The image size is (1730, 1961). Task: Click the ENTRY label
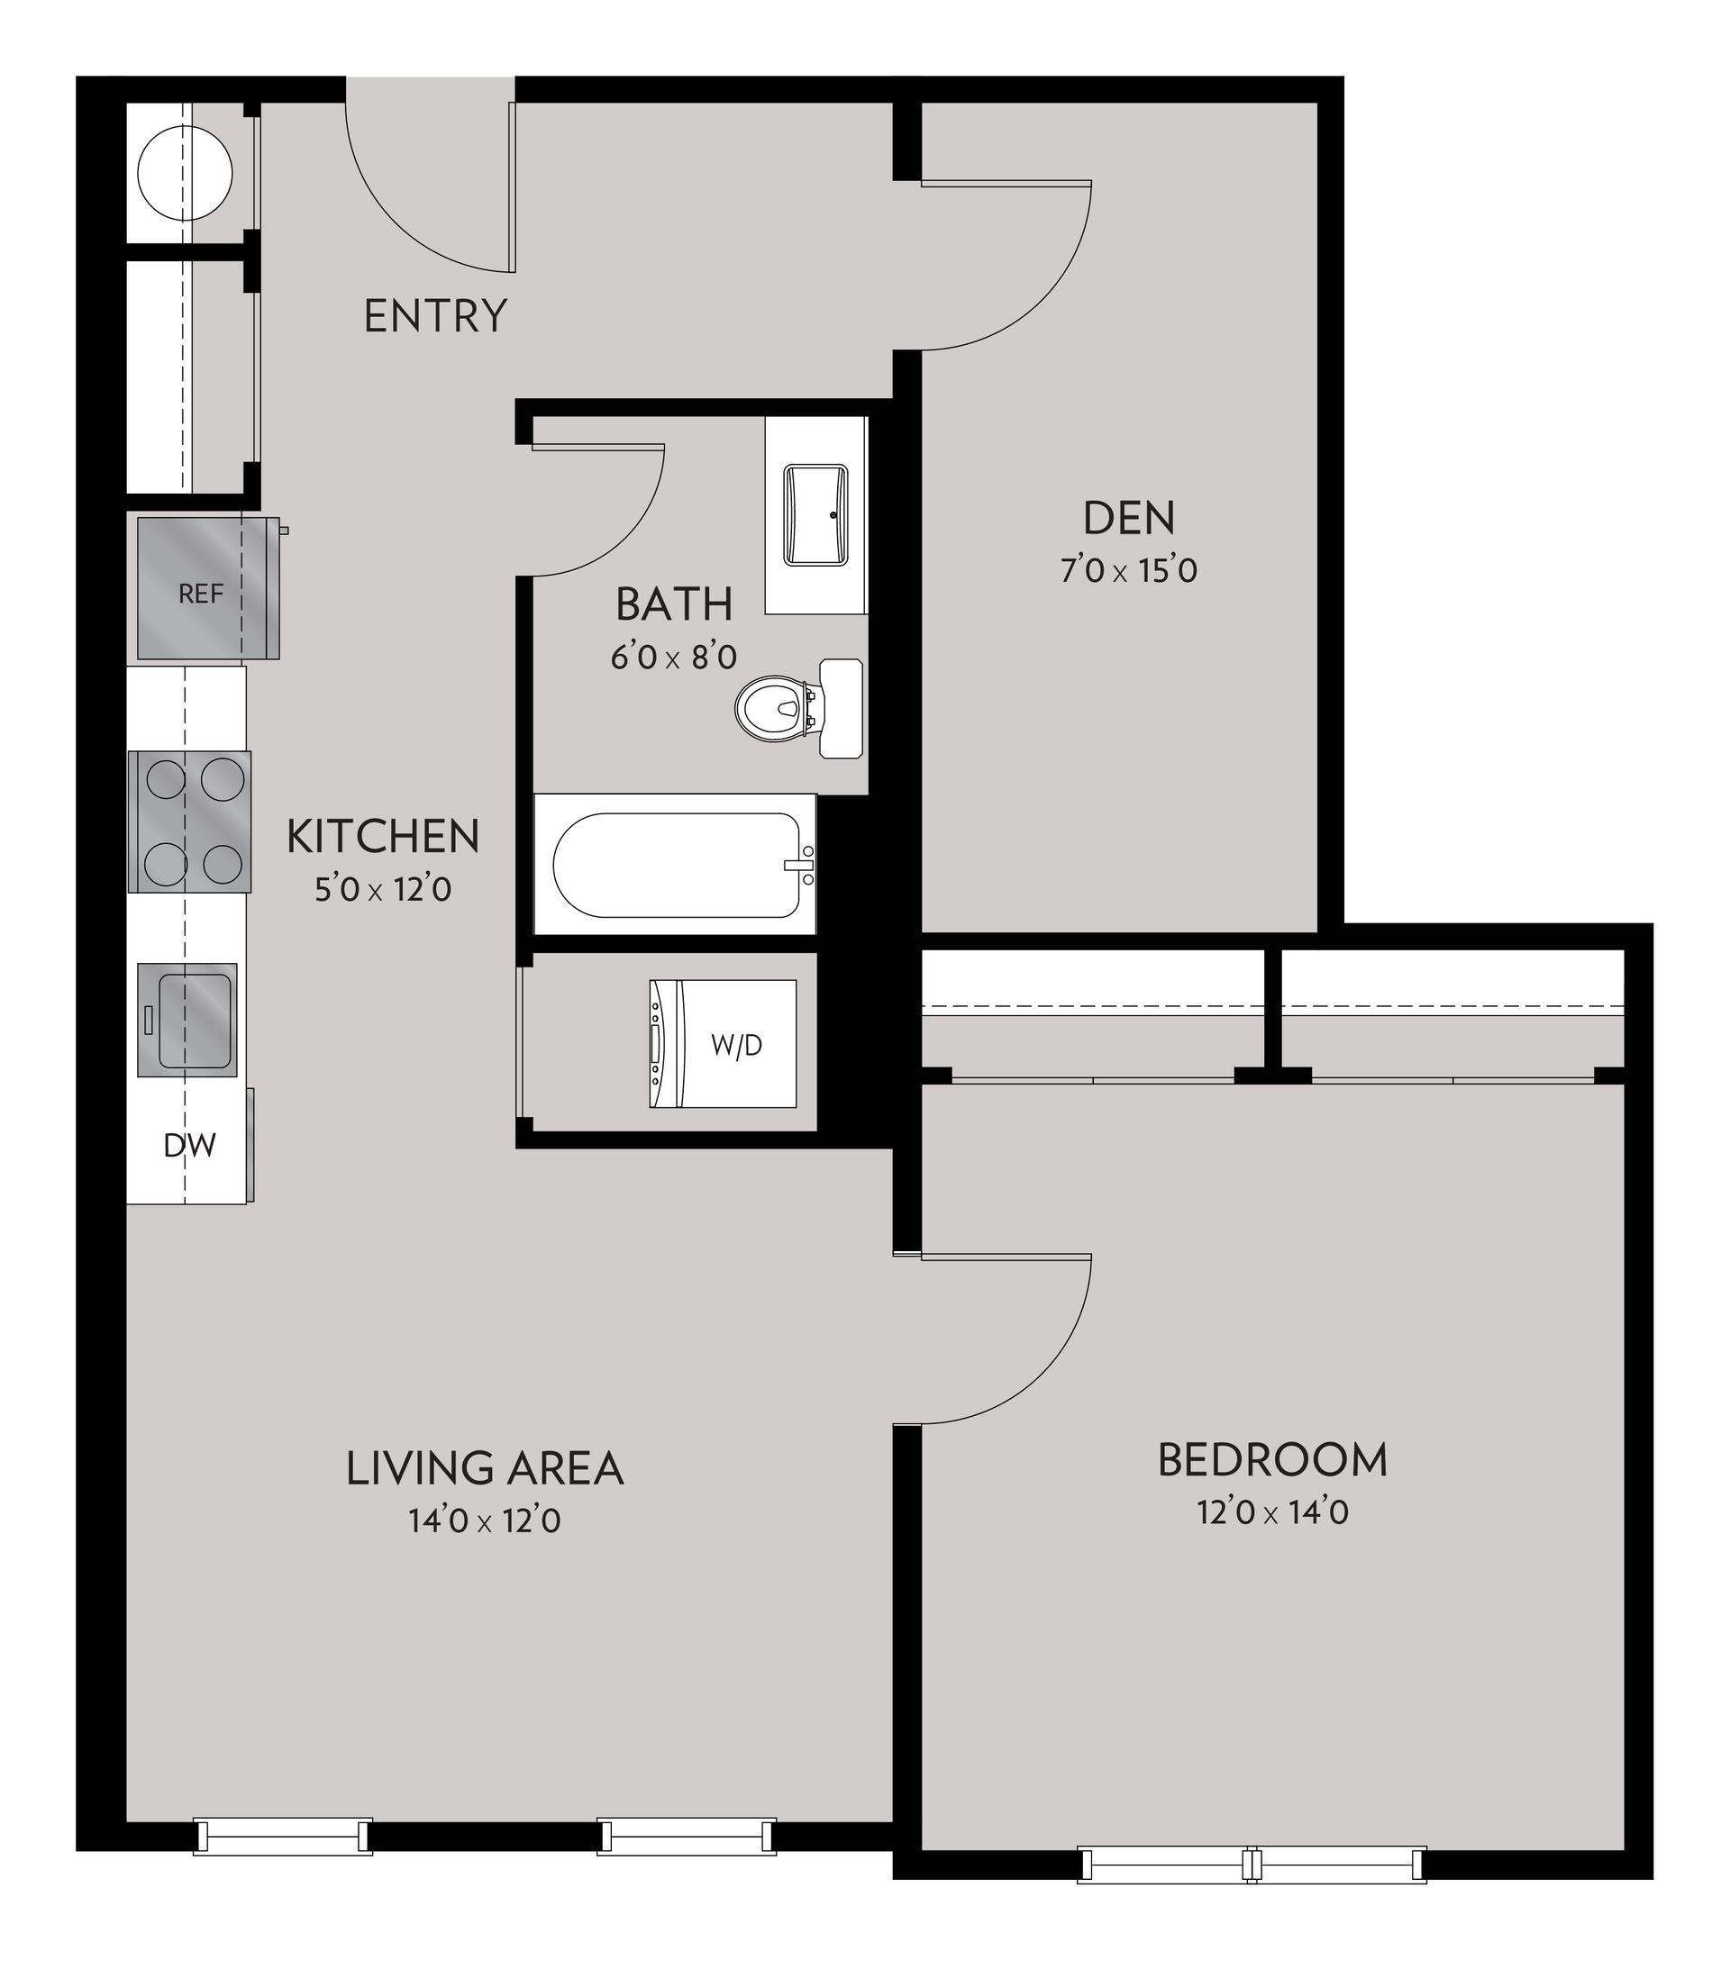point(434,315)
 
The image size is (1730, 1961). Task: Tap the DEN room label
point(1128,518)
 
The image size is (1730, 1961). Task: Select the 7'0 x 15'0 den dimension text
point(1128,571)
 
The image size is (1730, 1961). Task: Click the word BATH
point(674,604)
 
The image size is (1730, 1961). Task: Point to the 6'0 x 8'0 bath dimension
point(674,658)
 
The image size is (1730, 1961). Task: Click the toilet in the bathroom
point(772,708)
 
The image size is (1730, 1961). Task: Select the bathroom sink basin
point(816,514)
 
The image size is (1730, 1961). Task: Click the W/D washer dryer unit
point(723,1044)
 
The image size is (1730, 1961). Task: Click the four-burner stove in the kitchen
point(190,822)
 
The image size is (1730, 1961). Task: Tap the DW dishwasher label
point(189,1145)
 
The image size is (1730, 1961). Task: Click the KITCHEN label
point(383,837)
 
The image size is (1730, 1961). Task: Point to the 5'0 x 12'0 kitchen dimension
point(383,890)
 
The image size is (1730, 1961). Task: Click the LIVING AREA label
point(485,1468)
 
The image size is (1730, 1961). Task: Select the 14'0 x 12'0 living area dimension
point(485,1521)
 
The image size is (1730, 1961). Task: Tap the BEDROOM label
point(1272,1459)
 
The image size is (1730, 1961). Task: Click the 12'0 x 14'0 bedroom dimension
point(1272,1513)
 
